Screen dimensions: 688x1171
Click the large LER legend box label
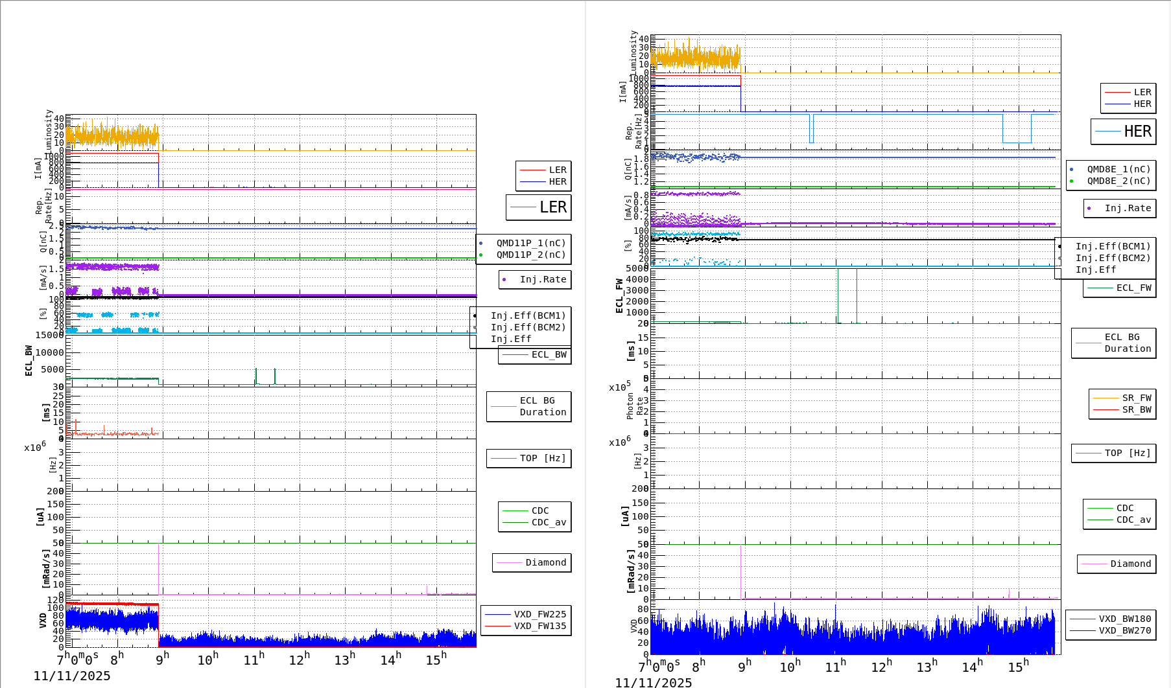[552, 207]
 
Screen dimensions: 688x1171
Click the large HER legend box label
[1137, 132]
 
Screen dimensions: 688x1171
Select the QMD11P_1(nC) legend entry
[530, 243]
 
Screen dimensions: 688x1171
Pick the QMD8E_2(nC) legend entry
[1118, 181]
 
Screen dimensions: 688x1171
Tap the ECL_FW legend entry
[1133, 288]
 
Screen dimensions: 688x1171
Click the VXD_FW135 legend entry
[539, 626]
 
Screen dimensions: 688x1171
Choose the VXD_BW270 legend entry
[1124, 630]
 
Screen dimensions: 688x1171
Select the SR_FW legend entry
[1136, 398]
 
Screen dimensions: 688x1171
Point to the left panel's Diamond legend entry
[545, 562]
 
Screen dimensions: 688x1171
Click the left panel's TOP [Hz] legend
[542, 458]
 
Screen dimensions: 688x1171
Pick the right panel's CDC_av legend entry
[1133, 520]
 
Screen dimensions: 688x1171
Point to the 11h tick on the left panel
[253, 659]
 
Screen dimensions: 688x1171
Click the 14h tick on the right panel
[971, 667]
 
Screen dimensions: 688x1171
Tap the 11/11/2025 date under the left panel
[72, 676]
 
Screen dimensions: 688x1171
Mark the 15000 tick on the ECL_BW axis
[49, 335]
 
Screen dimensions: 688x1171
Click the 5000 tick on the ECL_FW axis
[637, 268]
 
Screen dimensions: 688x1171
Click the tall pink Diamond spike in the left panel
[159, 564]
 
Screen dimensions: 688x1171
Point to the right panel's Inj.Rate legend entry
[1128, 208]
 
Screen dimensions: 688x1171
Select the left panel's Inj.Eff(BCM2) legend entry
[528, 327]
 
